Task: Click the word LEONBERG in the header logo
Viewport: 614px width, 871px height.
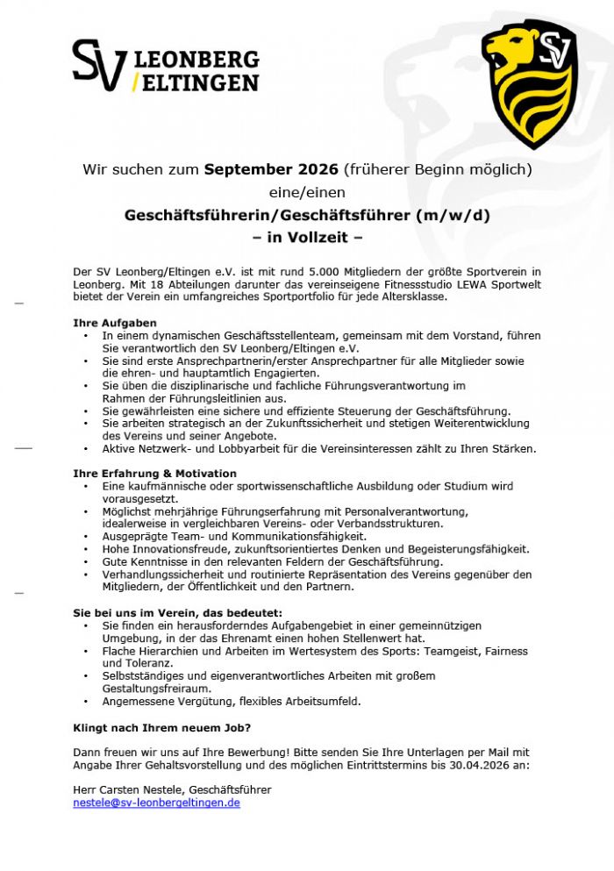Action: point(196,60)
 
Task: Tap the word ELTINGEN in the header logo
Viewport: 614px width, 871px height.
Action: point(200,82)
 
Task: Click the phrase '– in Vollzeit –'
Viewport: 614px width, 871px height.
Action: point(307,237)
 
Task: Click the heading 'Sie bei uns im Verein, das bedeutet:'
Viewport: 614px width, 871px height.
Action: point(178,612)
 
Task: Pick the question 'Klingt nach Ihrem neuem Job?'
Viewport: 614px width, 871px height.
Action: point(161,727)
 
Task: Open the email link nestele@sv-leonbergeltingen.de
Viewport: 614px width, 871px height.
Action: point(156,803)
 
